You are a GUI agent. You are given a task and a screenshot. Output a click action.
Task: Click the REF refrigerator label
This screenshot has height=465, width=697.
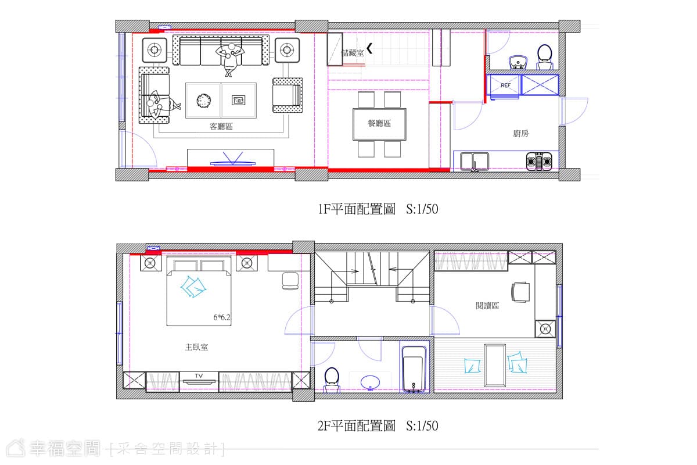click(505, 85)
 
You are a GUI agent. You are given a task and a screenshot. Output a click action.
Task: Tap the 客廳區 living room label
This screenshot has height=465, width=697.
click(221, 127)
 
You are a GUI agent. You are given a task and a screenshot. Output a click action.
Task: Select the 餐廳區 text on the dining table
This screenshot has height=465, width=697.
click(379, 123)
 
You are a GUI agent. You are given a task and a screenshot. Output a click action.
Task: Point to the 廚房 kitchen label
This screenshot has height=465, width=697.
click(520, 134)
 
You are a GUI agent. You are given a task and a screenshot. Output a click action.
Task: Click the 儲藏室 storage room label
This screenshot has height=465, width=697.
click(353, 53)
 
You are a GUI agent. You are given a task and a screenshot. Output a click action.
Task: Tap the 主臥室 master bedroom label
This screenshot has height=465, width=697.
click(196, 347)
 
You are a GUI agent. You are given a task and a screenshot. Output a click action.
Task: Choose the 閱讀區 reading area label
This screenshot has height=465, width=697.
click(487, 306)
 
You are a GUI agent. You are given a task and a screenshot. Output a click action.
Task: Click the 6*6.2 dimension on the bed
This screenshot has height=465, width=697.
click(221, 317)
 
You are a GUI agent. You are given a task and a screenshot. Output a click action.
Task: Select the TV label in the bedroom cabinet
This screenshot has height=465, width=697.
click(199, 376)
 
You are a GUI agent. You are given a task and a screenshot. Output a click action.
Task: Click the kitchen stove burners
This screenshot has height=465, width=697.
click(539, 162)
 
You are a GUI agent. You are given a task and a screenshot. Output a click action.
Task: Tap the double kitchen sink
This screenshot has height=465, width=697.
click(475, 162)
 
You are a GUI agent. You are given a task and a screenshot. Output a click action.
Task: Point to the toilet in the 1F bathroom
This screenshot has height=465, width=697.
click(545, 57)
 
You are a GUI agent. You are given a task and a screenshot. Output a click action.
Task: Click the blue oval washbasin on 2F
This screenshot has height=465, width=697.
click(370, 382)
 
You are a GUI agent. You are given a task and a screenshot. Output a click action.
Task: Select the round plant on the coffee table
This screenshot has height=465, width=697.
click(203, 101)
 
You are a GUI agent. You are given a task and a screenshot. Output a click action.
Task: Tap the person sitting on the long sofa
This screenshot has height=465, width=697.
click(229, 59)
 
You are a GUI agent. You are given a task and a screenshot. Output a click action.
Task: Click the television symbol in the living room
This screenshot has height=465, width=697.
click(232, 160)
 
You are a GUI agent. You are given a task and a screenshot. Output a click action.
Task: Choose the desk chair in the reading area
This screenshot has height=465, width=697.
click(520, 292)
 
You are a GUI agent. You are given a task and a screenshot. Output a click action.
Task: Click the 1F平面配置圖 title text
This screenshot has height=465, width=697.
click(356, 209)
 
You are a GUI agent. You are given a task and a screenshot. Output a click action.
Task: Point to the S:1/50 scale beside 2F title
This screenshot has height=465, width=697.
click(422, 425)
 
